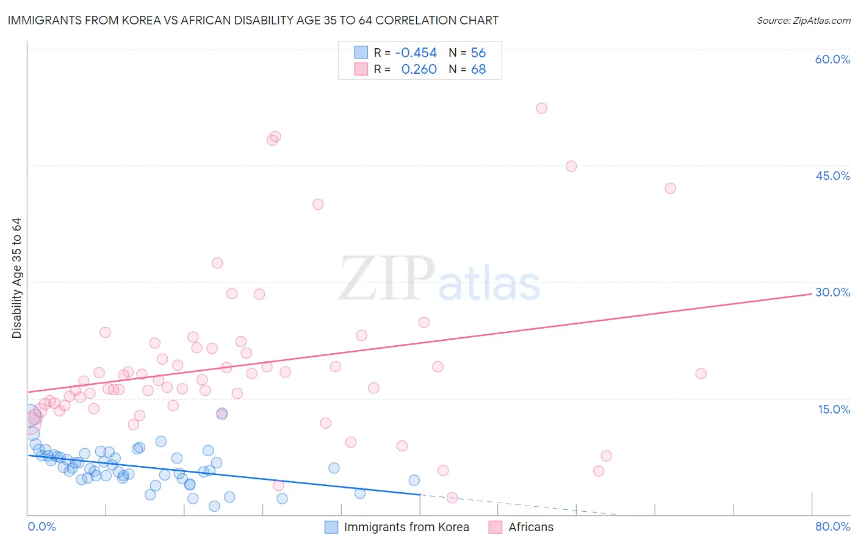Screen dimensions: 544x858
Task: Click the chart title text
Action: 253,20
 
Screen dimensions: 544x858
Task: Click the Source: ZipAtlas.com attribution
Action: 803,20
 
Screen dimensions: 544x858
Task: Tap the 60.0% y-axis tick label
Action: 832,59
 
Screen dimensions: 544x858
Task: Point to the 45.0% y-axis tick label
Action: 832,176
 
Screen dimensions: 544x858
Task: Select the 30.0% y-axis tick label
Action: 832,292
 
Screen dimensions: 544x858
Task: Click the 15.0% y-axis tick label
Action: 834,409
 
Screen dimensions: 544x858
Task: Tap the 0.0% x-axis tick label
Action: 42,526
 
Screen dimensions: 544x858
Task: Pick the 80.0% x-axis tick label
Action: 832,526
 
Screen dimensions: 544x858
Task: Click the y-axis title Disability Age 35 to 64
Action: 16,278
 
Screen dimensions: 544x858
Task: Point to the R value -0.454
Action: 416,52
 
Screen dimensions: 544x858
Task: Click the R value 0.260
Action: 419,70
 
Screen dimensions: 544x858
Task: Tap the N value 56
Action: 478,52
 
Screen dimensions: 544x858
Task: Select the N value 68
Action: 478,70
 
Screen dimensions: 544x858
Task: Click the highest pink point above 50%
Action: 541,108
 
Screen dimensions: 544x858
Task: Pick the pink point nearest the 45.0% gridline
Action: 571,166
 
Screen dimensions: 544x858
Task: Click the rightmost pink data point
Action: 701,373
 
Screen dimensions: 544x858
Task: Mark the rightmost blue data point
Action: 414,480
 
